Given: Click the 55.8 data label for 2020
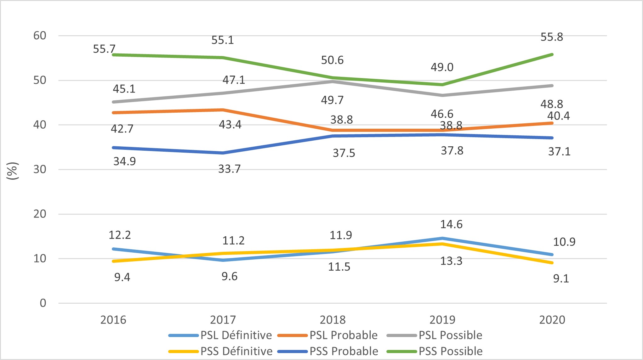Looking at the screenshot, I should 552,37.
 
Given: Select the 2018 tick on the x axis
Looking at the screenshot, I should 333,320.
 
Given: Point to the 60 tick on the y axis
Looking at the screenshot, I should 40,36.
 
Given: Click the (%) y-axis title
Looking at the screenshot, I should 13,171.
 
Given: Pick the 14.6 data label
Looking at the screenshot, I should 451,224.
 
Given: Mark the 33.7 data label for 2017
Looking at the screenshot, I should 229,169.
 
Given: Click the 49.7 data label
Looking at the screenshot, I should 332,100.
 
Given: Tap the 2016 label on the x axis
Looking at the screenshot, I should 113,320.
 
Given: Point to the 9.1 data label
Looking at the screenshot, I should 561,278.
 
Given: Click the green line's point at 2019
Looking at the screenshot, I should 442,85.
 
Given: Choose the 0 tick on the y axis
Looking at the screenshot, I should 43,303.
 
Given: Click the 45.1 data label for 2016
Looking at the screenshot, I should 124,89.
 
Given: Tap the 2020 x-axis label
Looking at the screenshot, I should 552,320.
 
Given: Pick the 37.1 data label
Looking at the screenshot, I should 559,152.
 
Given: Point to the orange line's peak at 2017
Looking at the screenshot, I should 223,110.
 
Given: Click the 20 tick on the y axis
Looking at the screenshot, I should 40,214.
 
